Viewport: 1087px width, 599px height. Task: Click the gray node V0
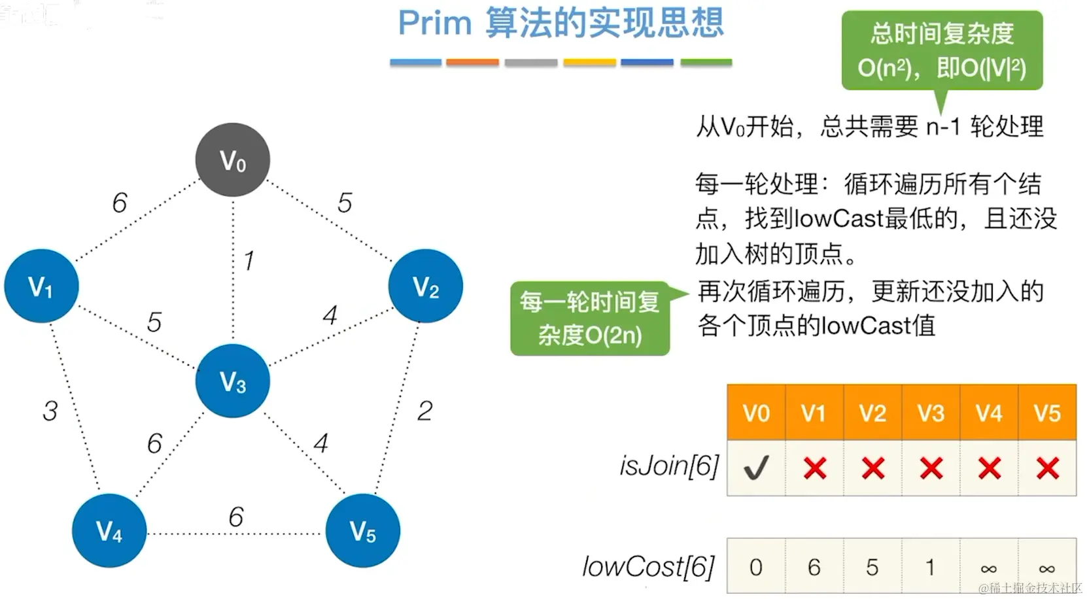(233, 160)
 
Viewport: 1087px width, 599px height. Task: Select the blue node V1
(41, 286)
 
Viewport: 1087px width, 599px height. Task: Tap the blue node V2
(426, 286)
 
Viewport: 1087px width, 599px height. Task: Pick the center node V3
(233, 381)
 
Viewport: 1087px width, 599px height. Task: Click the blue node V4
(109, 530)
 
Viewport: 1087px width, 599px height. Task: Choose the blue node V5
(363, 530)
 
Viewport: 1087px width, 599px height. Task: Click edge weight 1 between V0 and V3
(249, 261)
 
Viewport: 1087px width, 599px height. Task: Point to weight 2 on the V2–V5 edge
(424, 411)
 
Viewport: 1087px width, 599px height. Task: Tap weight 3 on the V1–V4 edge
(50, 411)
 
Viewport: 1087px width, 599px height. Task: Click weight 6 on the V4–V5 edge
(236, 517)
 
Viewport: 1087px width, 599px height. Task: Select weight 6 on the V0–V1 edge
(120, 203)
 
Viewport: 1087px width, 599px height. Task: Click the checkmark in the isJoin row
(756, 468)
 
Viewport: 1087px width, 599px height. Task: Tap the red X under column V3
(931, 468)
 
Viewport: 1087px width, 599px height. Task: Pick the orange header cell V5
(1047, 413)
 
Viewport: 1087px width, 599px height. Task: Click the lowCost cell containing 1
(930, 567)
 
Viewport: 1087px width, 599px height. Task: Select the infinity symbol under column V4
(989, 568)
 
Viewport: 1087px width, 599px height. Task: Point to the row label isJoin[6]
(669, 466)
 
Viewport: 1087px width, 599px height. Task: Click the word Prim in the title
(435, 24)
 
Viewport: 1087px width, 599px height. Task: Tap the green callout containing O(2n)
(590, 318)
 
